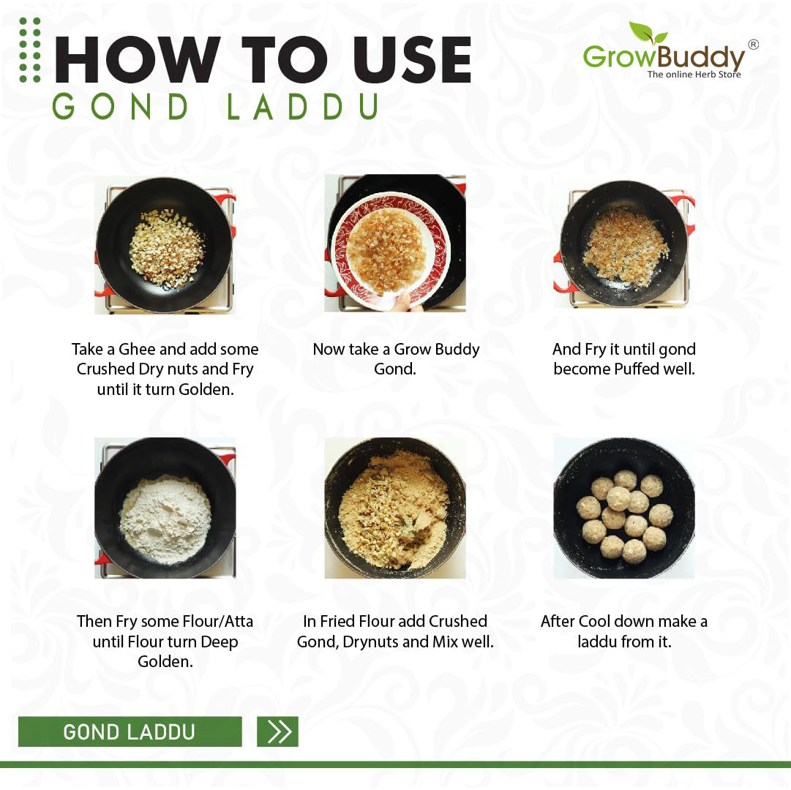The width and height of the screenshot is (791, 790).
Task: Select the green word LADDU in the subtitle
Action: (x=303, y=107)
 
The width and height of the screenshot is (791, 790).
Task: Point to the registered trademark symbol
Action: (x=753, y=45)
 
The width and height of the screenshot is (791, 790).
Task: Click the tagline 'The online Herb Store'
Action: (x=694, y=74)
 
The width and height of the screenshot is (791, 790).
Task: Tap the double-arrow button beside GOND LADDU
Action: (x=278, y=731)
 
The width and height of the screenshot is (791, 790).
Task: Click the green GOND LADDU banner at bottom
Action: (x=130, y=731)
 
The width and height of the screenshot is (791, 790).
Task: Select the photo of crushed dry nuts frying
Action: (x=165, y=246)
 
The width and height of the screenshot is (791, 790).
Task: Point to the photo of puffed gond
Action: (x=623, y=246)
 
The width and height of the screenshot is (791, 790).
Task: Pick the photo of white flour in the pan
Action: (x=165, y=508)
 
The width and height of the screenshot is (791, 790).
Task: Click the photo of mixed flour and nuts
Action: (x=395, y=508)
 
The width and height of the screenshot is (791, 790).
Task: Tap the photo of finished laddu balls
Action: (x=623, y=508)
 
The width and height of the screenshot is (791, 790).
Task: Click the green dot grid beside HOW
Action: (x=30, y=50)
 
